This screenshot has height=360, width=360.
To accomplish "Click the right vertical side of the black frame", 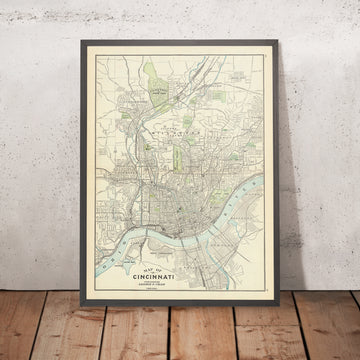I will click(270, 170).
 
